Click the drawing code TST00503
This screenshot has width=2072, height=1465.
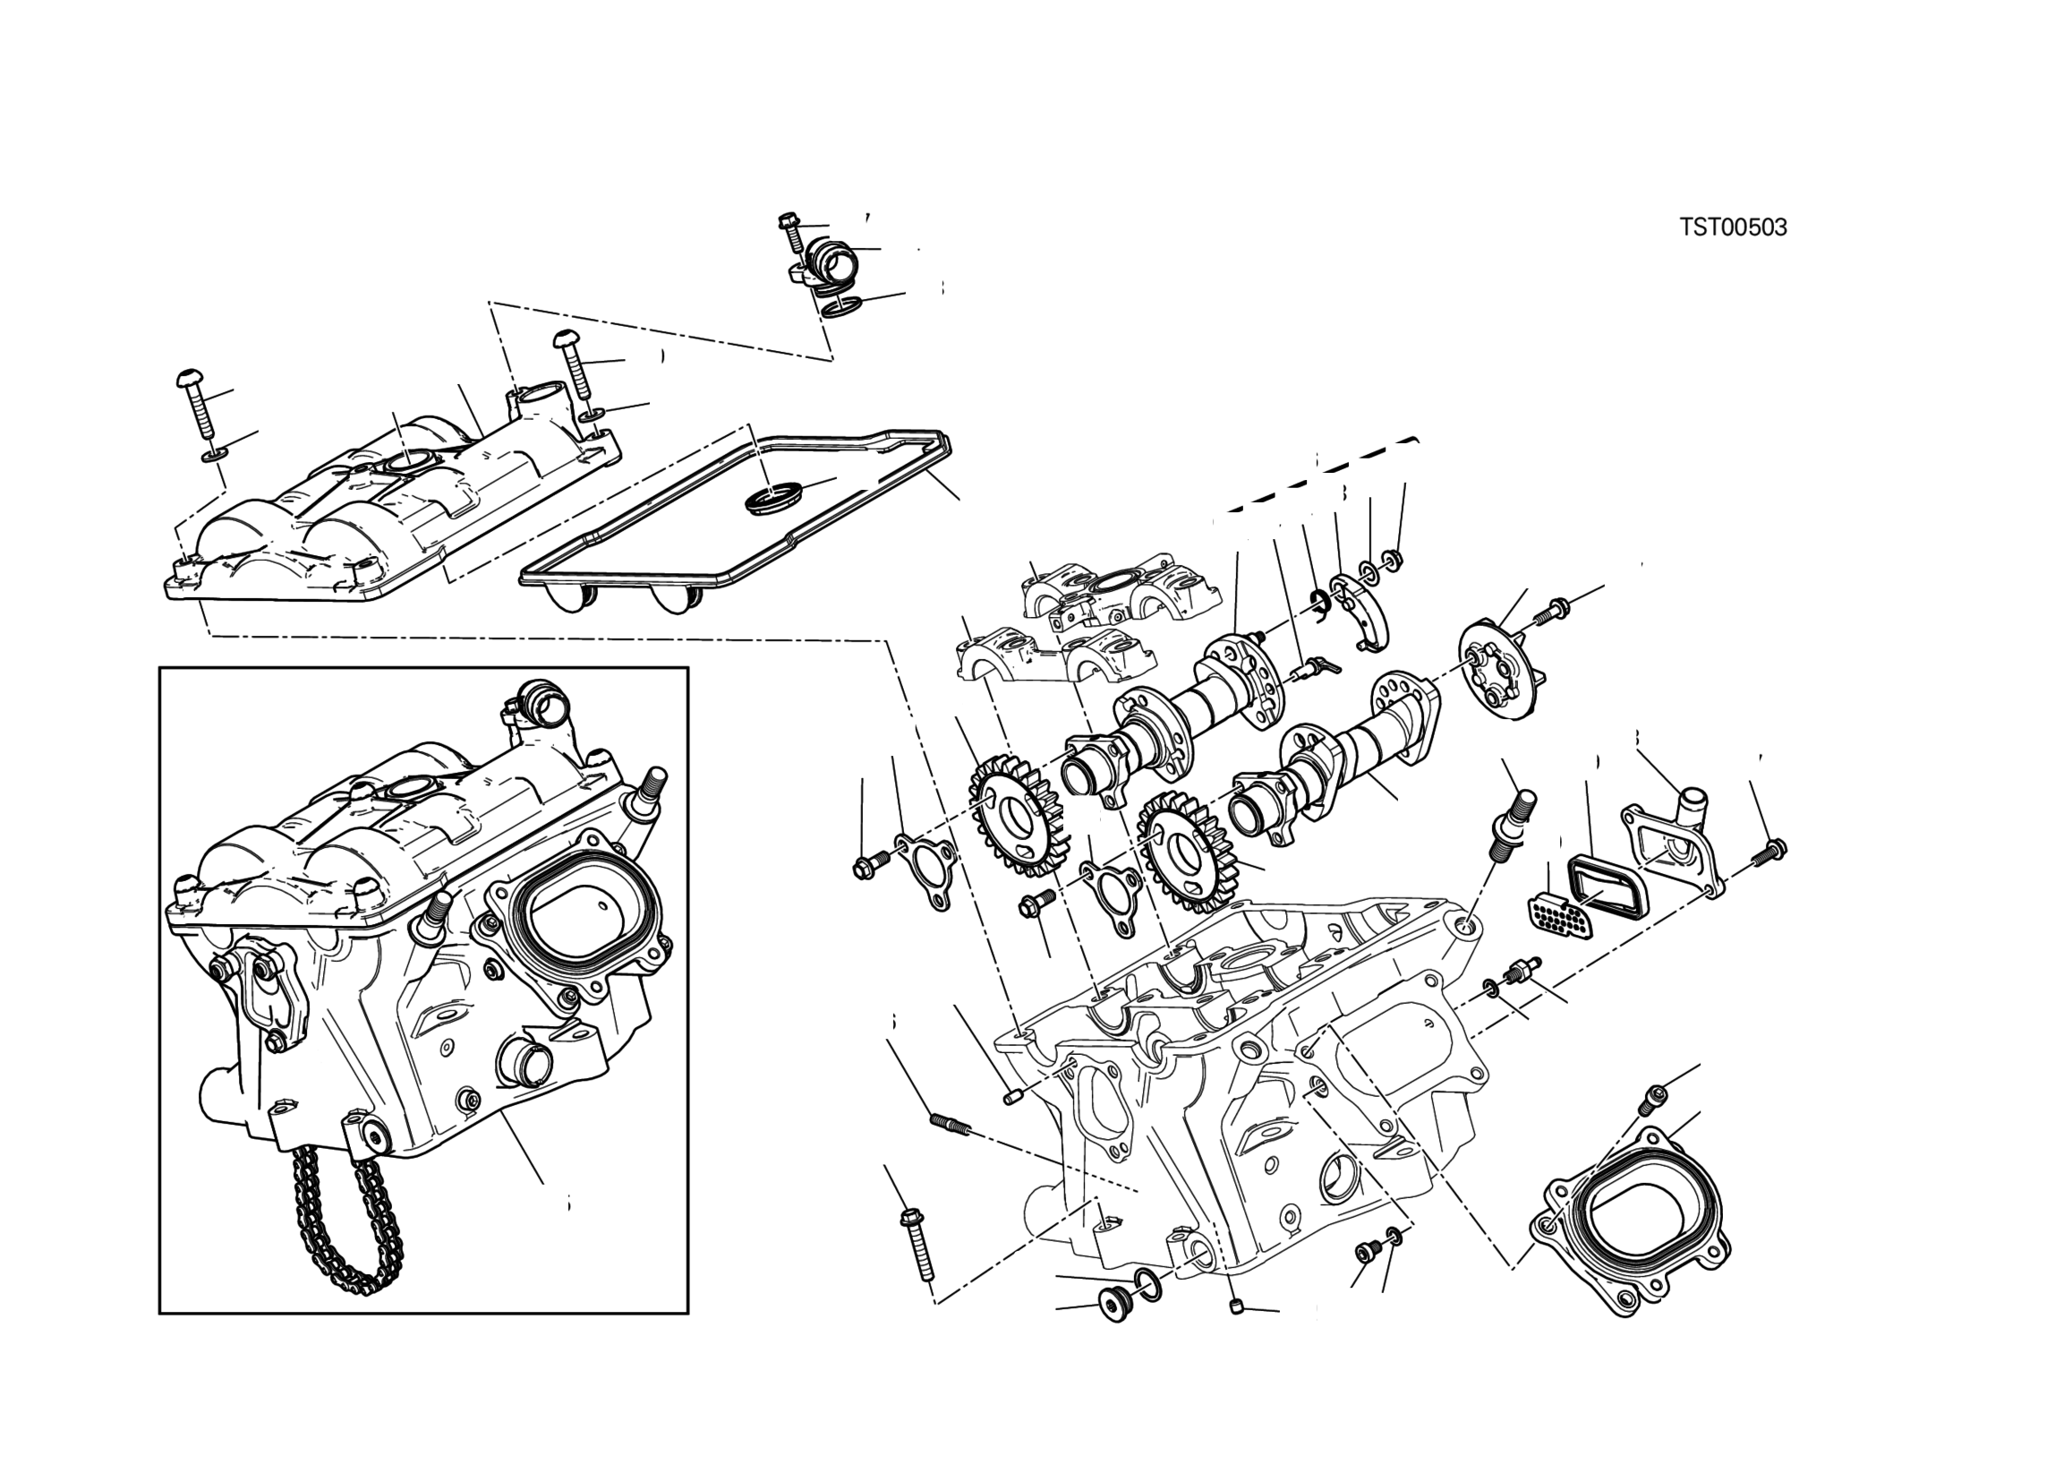[1733, 227]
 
